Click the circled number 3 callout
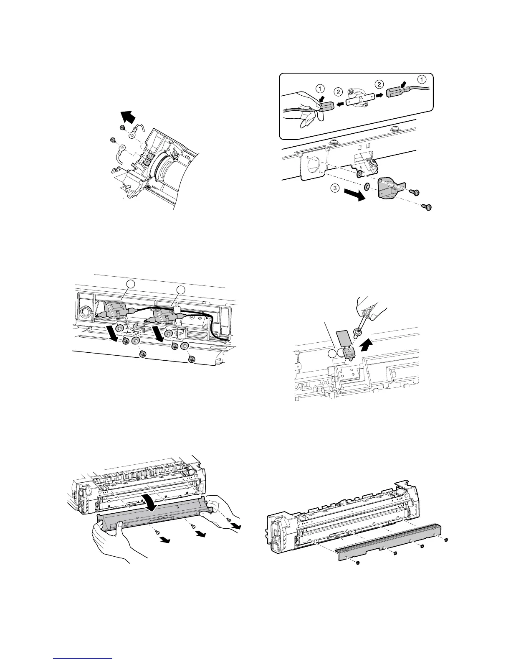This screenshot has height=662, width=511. [335, 188]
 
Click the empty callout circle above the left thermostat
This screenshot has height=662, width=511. [131, 284]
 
